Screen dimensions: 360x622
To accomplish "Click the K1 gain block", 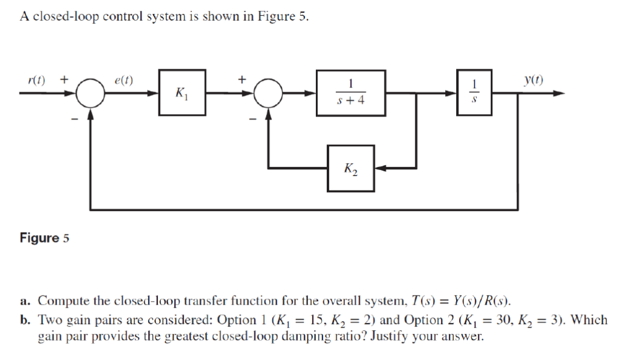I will point(182,93).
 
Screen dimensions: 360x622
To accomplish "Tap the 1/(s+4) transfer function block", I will point(351,93).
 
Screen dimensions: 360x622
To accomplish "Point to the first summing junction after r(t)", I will point(91,93).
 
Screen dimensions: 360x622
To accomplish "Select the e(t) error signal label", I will point(125,80).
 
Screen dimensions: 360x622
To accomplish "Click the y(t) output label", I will point(536,80).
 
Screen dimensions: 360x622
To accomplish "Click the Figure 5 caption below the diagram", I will point(44,238).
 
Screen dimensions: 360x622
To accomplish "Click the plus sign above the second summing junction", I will point(243,79).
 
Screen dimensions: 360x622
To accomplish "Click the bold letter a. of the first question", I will point(24,301).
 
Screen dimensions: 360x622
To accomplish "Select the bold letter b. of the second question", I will point(24,319).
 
